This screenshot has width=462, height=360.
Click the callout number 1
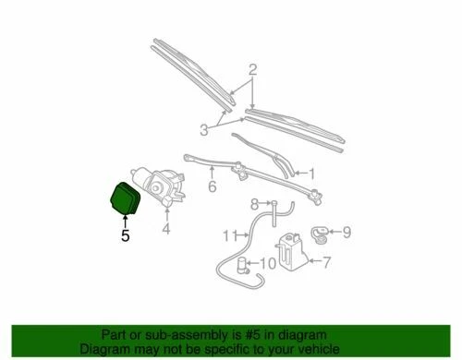(x=311, y=172)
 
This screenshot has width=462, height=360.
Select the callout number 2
(x=251, y=70)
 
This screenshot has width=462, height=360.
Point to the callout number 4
(x=166, y=228)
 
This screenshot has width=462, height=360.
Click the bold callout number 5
(x=126, y=235)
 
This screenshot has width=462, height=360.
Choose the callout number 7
(x=324, y=262)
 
